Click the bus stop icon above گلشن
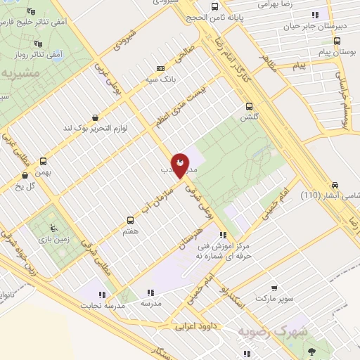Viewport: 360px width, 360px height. [248, 107]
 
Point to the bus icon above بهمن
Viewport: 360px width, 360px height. [44, 160]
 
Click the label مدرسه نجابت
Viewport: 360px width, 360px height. [101, 306]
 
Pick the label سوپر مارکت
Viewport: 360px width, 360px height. [270, 299]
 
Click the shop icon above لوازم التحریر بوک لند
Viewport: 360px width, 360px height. [96, 117]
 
